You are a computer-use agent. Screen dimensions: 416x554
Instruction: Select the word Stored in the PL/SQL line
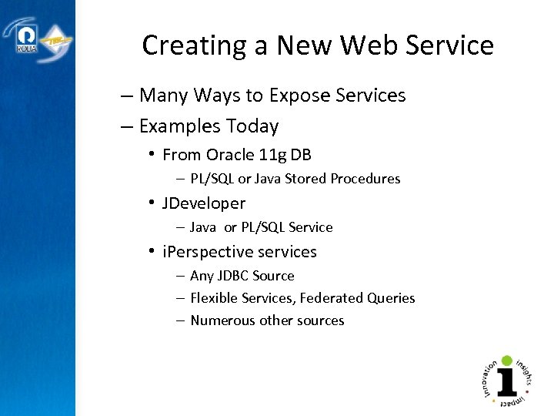(x=306, y=179)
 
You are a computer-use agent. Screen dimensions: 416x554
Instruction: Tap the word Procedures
(x=366, y=179)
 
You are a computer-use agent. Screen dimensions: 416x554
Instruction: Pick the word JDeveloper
(x=204, y=203)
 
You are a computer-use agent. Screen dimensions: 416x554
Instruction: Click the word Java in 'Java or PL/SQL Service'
(x=203, y=227)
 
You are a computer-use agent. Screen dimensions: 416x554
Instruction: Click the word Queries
(x=392, y=298)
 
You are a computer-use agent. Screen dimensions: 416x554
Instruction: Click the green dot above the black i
(x=506, y=361)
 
